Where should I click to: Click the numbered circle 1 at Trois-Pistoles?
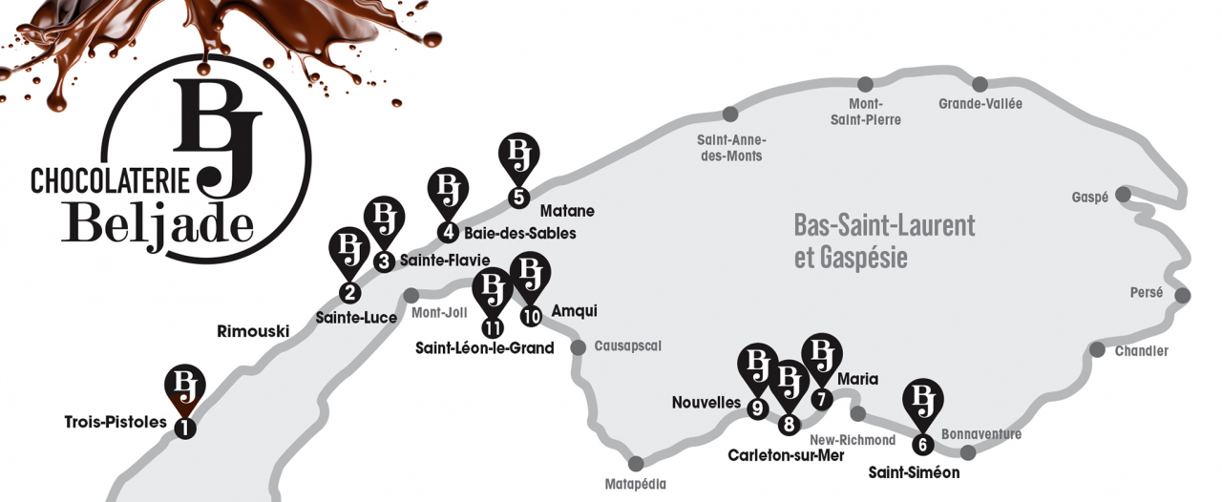(x=184, y=429)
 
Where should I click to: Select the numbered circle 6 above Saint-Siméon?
(x=921, y=444)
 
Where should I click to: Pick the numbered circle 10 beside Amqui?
(x=531, y=315)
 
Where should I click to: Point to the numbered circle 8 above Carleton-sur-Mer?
(x=789, y=425)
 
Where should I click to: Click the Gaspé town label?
(x=1089, y=198)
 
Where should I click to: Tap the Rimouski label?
(x=253, y=331)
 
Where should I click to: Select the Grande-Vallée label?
(x=980, y=104)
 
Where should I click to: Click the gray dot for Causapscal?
(x=579, y=346)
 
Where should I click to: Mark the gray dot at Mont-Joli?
(x=411, y=295)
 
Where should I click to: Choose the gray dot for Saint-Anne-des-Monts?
(x=730, y=115)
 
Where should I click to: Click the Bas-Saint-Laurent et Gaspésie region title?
(x=884, y=241)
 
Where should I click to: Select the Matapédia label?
(x=636, y=485)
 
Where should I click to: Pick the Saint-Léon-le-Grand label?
(x=484, y=348)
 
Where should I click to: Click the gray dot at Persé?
(x=1183, y=295)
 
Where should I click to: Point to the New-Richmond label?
(x=853, y=440)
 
